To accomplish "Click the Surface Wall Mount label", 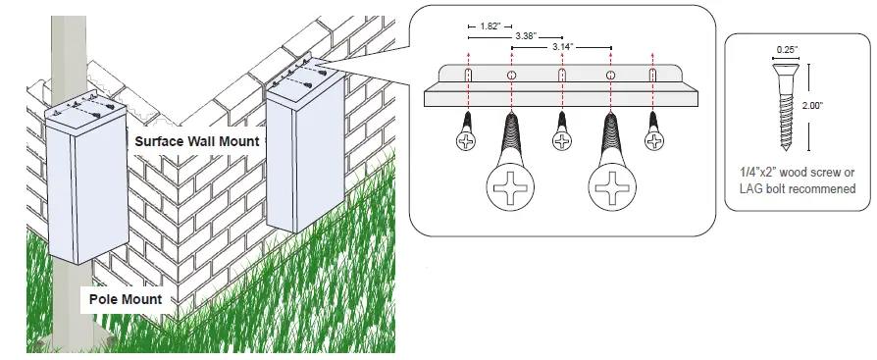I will point(196,141).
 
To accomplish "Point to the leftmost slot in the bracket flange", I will point(468,76).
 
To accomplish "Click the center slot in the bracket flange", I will point(562,76).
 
